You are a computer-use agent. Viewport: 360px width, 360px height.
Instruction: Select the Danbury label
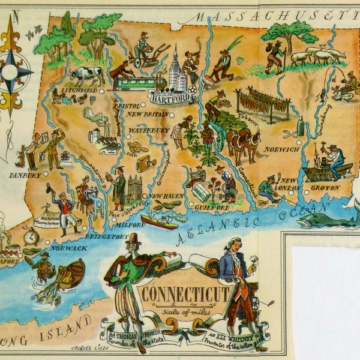25,175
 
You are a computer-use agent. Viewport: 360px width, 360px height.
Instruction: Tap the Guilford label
211,207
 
